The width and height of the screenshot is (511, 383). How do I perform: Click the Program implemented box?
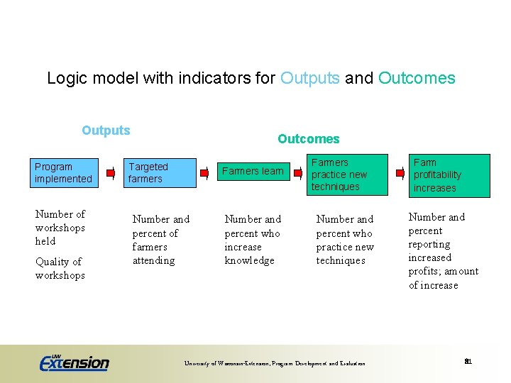tap(63, 173)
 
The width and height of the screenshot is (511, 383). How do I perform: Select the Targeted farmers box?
tap(160, 173)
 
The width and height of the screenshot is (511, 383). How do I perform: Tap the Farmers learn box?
tap(253, 171)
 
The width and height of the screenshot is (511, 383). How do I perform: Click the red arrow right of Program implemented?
tap(110, 172)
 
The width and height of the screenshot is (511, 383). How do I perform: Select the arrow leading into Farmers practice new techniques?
tap(296, 172)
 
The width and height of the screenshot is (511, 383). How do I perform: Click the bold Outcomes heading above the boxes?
tap(308, 139)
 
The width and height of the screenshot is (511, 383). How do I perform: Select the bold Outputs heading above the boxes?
tap(106, 131)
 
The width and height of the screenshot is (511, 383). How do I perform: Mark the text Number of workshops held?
tap(60, 228)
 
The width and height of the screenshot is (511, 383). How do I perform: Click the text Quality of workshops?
tap(60, 268)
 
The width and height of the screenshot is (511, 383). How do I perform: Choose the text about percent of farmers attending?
tap(160, 240)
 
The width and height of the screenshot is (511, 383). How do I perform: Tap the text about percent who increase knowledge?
tap(253, 240)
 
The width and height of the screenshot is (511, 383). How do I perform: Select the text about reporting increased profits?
tap(443, 251)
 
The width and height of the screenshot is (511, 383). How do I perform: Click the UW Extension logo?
tap(75, 362)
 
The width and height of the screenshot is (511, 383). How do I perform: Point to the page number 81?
tap(468, 362)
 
